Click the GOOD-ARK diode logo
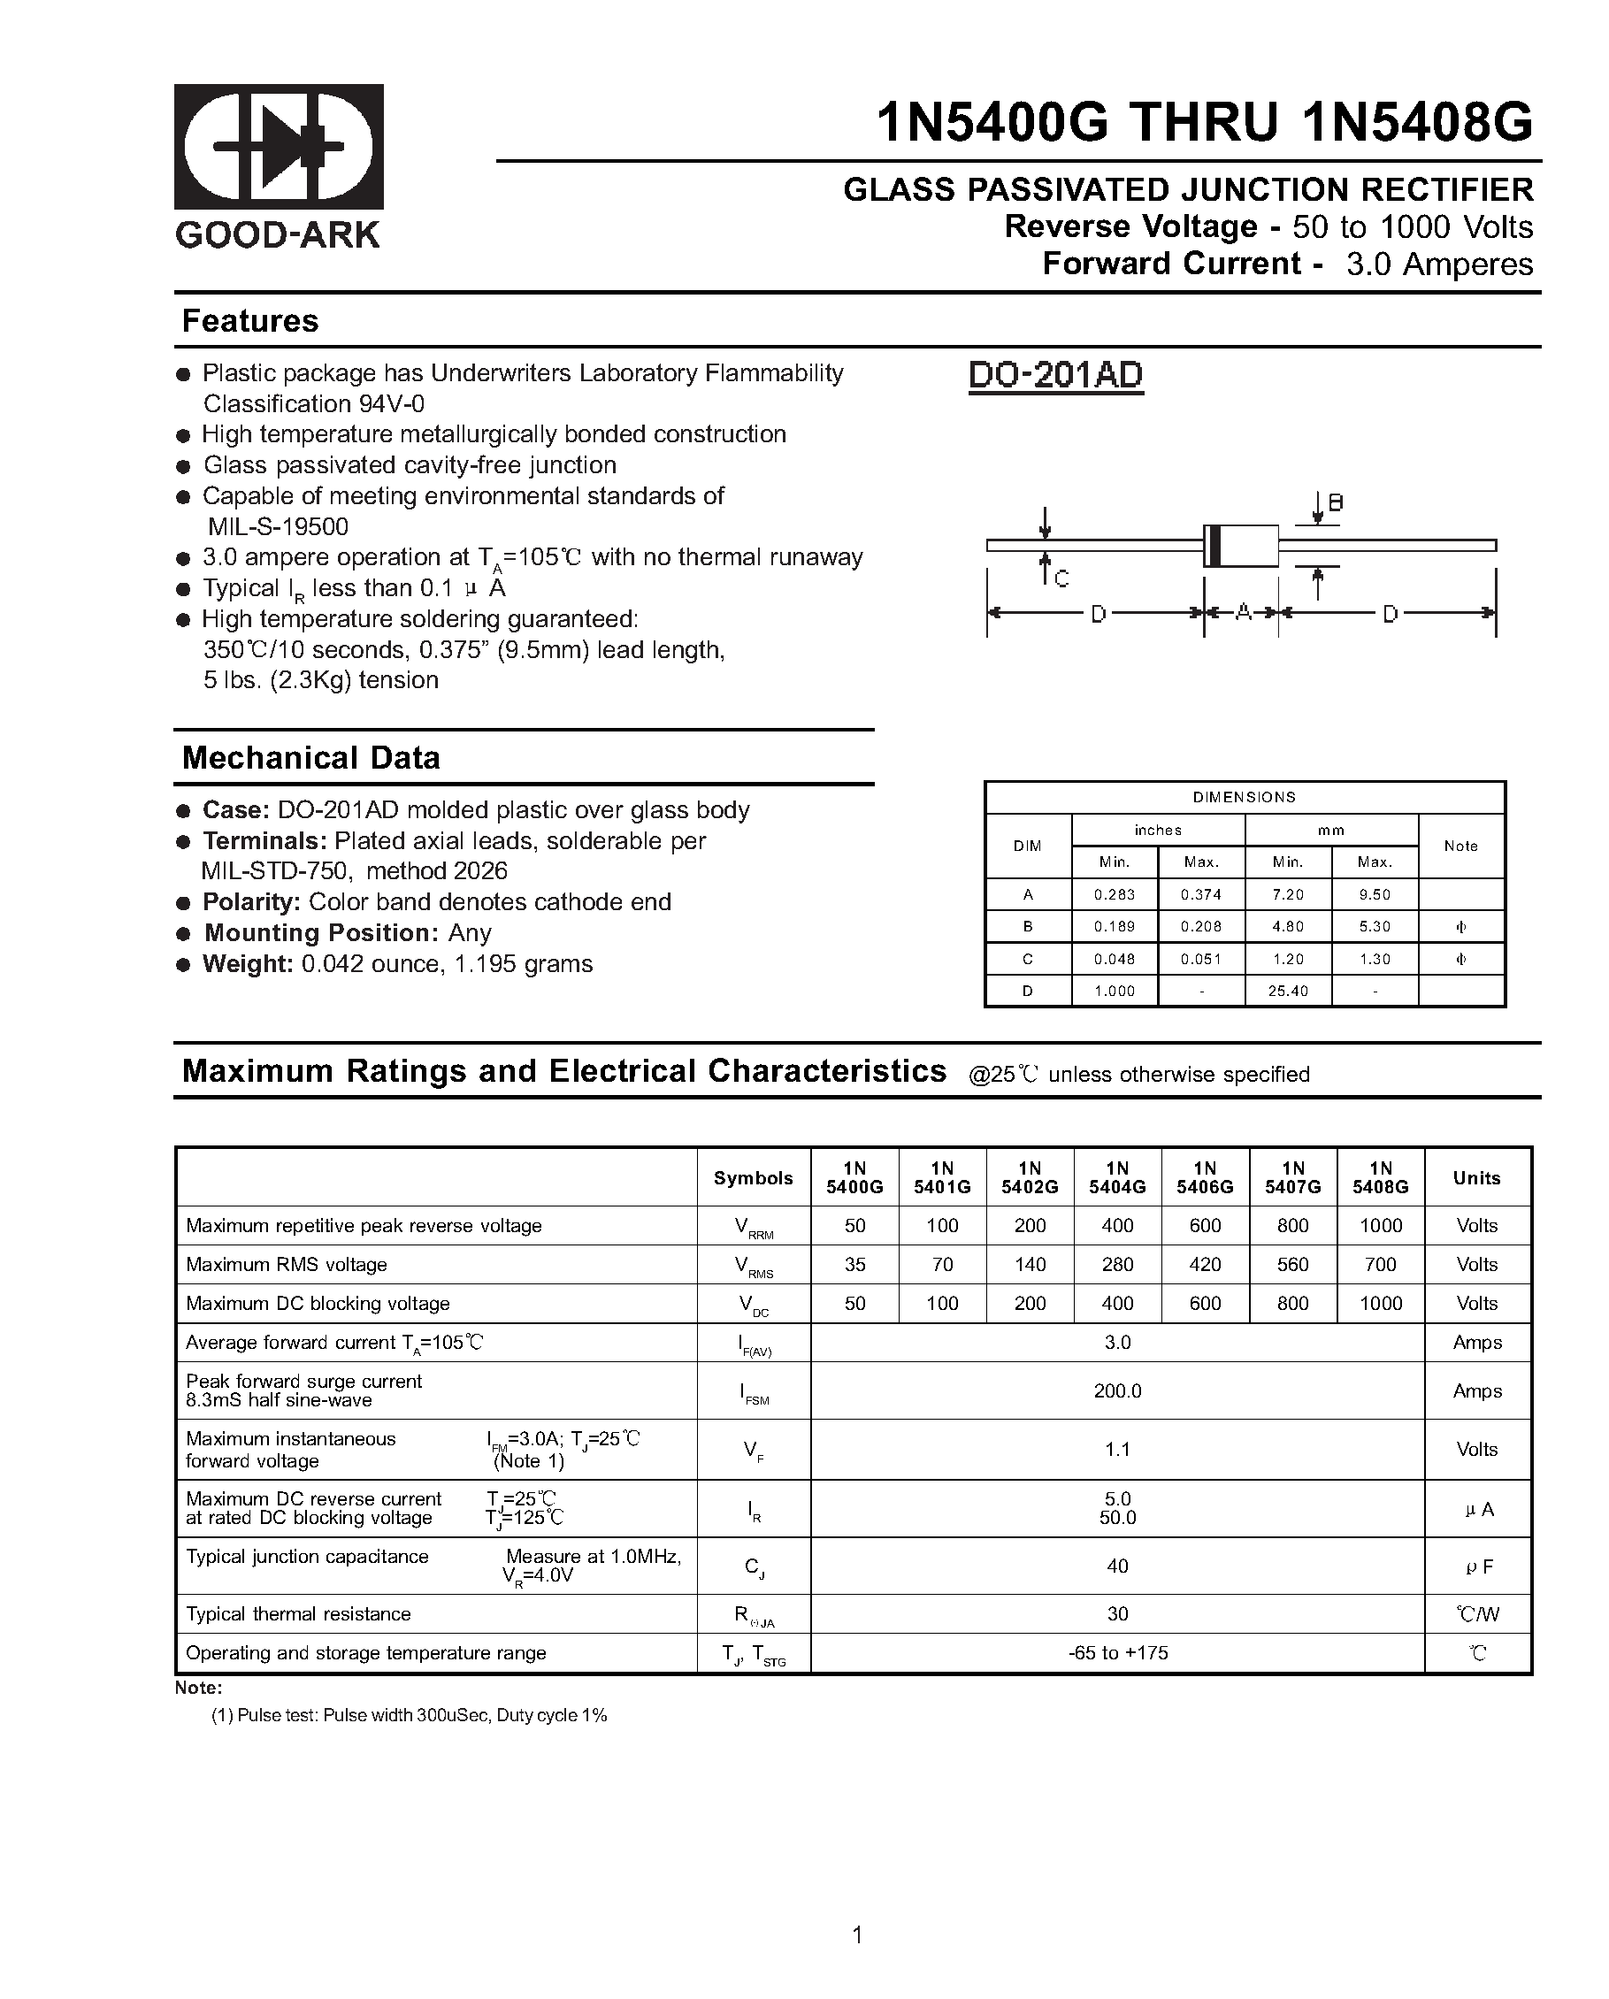[x=279, y=147]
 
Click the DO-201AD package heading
[x=1055, y=376]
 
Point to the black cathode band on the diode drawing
[x=1211, y=545]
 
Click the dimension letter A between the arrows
[x=1243, y=612]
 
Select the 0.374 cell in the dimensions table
[x=1201, y=895]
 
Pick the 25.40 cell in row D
[x=1288, y=992]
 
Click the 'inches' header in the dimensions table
[x=1157, y=830]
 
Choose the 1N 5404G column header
[x=1117, y=1177]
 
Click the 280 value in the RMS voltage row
[x=1117, y=1265]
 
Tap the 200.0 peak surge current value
[x=1117, y=1390]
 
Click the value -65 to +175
[x=1117, y=1653]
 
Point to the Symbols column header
[x=753, y=1177]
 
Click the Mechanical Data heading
[x=310, y=757]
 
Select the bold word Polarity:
[x=251, y=902]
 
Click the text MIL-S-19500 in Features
[x=279, y=526]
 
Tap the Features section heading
[x=250, y=321]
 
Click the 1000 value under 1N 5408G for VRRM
[x=1380, y=1226]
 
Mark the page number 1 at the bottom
[x=857, y=1935]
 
